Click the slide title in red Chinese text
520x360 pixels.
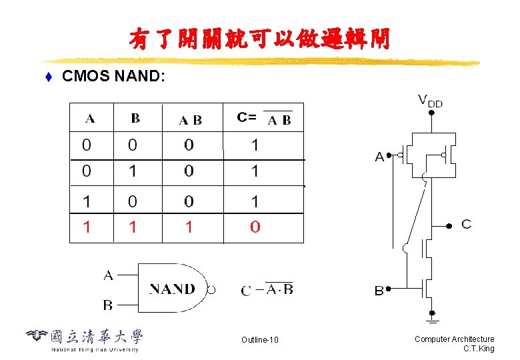click(260, 39)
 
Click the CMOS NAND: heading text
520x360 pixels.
click(112, 77)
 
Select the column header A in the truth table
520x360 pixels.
click(90, 119)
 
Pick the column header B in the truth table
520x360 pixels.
click(135, 118)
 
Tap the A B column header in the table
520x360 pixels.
click(190, 120)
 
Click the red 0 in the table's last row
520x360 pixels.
click(255, 227)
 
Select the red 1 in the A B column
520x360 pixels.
click(189, 227)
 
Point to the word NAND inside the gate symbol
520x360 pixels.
click(172, 289)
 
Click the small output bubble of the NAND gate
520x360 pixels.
click(212, 290)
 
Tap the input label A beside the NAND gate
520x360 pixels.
click(108, 275)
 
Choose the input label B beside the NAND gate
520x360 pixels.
click(108, 305)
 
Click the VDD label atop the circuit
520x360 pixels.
click(430, 101)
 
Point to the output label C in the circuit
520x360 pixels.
click(466, 224)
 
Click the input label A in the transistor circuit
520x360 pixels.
click(379, 157)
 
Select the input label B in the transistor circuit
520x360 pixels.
click(379, 291)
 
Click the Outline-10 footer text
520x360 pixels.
click(260, 341)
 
